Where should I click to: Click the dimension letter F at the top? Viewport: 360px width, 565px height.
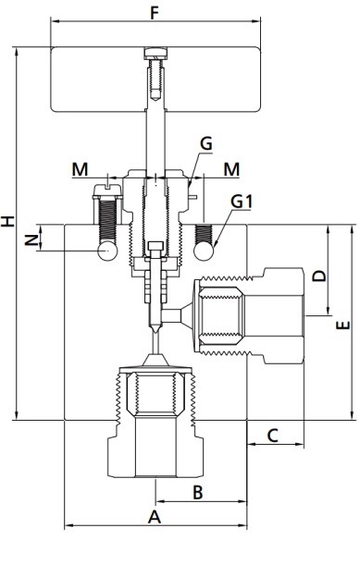coord(155,13)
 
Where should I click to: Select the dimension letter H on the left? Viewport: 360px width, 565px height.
coord(7,221)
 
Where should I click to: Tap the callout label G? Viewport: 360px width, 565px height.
coord(206,143)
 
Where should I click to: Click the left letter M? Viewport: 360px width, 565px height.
coord(80,169)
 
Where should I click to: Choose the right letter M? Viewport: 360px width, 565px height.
coord(231,169)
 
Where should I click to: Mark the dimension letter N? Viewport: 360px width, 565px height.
coord(31,240)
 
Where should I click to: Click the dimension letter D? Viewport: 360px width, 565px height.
coord(319,276)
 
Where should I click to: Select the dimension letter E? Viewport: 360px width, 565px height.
coord(343,325)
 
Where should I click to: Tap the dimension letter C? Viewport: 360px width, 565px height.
coord(273,436)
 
